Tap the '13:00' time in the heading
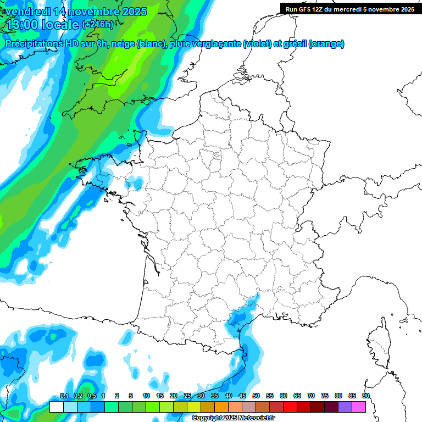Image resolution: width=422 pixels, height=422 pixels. click(x=23, y=25)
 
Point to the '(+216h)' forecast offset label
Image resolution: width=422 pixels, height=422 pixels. click(x=98, y=25)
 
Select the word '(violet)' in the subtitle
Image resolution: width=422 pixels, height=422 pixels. click(x=258, y=43)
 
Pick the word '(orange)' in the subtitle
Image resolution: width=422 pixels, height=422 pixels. click(x=327, y=43)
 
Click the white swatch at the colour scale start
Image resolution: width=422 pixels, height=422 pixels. click(x=56, y=407)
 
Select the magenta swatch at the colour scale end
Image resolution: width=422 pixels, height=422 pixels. click(x=359, y=407)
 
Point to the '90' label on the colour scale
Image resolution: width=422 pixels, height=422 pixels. click(x=366, y=396)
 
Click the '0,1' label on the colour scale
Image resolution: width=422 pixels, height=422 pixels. click(x=64, y=396)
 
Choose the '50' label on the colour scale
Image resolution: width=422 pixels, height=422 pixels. click(x=256, y=396)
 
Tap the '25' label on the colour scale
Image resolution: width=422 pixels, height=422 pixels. click(x=187, y=396)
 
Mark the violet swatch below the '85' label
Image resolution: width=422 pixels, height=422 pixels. click(x=345, y=407)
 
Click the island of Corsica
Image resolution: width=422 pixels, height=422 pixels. click(x=378, y=343)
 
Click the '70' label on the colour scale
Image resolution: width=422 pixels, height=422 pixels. click(x=311, y=396)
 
